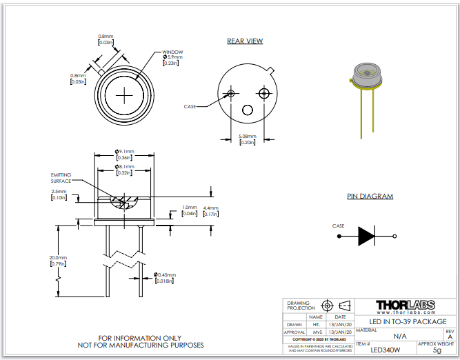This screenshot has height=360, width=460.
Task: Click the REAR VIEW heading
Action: coord(245,41)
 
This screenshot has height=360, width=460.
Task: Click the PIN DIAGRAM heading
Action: coord(370,197)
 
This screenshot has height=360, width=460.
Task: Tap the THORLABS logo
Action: coord(406,306)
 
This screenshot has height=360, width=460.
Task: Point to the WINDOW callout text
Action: coord(172,52)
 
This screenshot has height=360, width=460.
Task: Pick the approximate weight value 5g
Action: coord(437,351)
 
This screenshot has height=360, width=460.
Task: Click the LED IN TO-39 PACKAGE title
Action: coord(407,322)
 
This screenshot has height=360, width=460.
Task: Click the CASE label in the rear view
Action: coord(190,107)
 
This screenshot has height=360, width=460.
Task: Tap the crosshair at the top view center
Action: coord(125,94)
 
